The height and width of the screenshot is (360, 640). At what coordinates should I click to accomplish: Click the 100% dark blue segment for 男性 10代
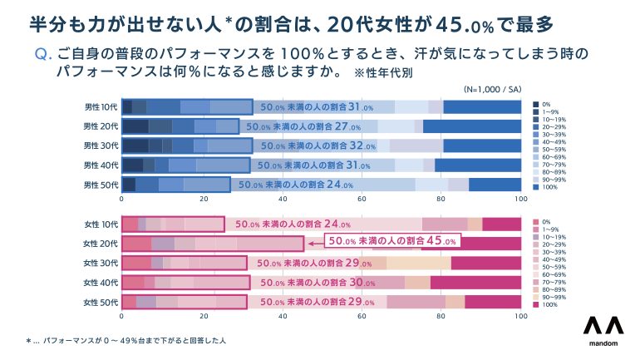tap(482, 106)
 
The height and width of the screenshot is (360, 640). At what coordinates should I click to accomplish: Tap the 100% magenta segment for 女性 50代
tap(493, 303)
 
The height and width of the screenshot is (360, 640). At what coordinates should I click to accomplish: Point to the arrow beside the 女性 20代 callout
tap(313, 244)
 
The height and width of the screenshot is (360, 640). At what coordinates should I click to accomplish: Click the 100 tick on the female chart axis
tap(520, 317)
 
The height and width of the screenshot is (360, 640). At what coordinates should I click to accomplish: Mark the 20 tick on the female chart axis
tap(202, 317)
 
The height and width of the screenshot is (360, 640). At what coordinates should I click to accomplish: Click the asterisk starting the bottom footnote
tap(28, 341)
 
